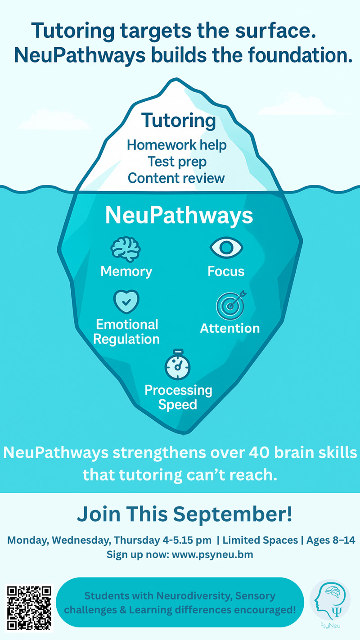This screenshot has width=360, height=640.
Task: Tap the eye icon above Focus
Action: [226, 248]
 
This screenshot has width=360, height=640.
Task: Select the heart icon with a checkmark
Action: [126, 302]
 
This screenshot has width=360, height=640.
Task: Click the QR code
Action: [29, 608]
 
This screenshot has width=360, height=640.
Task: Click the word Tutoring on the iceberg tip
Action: [179, 121]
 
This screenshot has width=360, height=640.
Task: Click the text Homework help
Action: [177, 145]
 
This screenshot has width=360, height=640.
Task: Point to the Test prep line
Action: [177, 162]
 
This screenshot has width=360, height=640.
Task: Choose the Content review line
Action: [176, 178]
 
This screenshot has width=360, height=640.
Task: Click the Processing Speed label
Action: [178, 397]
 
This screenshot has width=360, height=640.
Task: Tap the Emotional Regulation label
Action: [126, 332]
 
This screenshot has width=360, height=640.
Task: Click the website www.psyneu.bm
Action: [212, 554]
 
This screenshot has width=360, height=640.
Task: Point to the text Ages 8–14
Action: [331, 540]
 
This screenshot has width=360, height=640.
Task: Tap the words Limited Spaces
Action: [260, 540]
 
